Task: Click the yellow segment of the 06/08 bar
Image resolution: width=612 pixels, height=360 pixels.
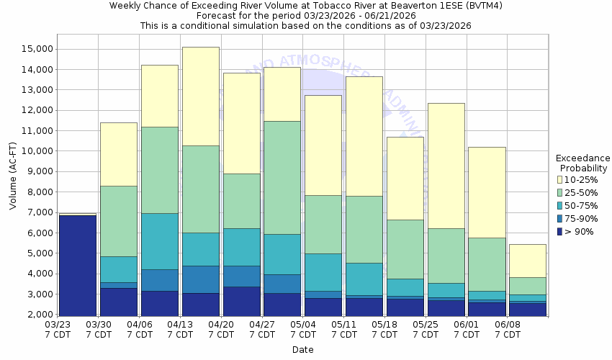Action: pos(528,261)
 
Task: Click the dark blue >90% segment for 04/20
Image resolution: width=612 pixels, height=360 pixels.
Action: pos(241,302)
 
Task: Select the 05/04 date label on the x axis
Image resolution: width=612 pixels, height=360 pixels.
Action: pos(303,330)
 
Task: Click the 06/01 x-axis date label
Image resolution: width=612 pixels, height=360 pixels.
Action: pos(467,330)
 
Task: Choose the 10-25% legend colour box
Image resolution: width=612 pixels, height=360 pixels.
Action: pos(561,179)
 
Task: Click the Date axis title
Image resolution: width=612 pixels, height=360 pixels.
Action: pos(302,350)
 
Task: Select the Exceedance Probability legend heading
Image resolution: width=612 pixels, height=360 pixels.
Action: pos(582,163)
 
